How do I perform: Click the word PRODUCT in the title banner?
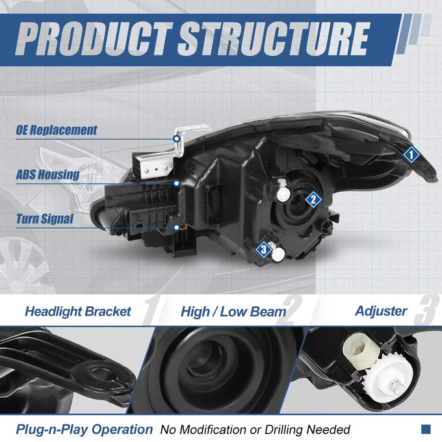[x=94, y=38]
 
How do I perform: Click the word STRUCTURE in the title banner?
[x=274, y=38]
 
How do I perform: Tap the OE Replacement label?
[x=57, y=130]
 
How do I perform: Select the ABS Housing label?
[x=47, y=174]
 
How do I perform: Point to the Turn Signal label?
[x=45, y=219]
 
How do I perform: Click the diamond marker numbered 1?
[x=411, y=155]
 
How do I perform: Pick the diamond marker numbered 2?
[x=313, y=200]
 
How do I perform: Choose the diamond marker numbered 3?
[x=263, y=249]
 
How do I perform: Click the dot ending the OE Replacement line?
[x=177, y=138]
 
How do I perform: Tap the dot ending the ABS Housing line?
[x=177, y=183]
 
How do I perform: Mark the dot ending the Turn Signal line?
[x=177, y=227]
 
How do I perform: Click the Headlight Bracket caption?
[x=78, y=311]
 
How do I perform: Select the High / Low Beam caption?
[x=233, y=312]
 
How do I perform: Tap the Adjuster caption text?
[x=381, y=311]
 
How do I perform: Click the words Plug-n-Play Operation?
[x=84, y=430]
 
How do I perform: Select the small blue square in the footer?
[x=426, y=429]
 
